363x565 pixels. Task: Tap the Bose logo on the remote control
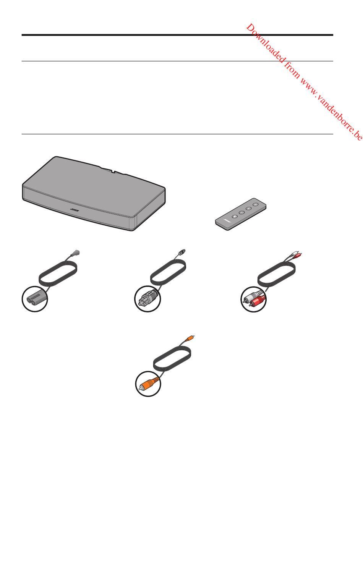coord(226,222)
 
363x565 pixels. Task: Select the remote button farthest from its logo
coord(256,204)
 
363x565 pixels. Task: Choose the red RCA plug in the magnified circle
coord(257,301)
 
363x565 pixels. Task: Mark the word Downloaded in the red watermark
coord(266,43)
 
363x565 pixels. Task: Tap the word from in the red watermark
coord(292,70)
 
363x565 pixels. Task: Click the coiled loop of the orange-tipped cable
coord(172,358)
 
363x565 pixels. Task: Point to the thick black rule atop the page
coord(177,35)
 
